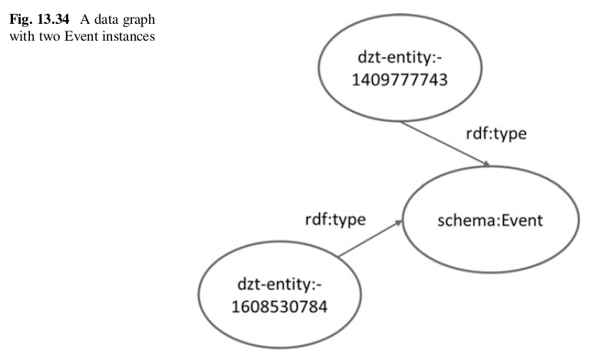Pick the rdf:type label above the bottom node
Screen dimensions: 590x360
click(335, 220)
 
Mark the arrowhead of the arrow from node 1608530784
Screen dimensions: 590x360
click(400, 220)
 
